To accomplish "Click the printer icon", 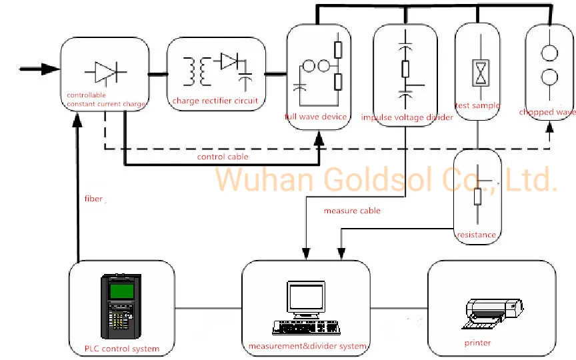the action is (x=492, y=313).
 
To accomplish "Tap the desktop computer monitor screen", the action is (x=305, y=297).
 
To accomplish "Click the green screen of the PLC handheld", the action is (x=121, y=291).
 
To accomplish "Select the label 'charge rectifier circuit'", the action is (x=215, y=101).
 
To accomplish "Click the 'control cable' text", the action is (x=223, y=157).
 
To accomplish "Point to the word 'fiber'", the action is (x=93, y=199).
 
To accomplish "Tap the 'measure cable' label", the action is (x=352, y=211).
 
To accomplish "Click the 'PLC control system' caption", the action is (x=122, y=349).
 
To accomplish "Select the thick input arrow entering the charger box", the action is (x=39, y=69).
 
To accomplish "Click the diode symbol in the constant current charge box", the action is (x=106, y=72).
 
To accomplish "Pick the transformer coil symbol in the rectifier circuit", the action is (x=197, y=71).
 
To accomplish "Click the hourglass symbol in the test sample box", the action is (x=481, y=73).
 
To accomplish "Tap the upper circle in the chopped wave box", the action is (x=549, y=53).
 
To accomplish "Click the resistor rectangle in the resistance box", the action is (x=477, y=197).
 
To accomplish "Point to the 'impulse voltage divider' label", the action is (x=407, y=117).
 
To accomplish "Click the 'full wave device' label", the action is (x=315, y=117).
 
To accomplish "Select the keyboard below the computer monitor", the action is (x=306, y=327).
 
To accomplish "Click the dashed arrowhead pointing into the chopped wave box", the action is (x=549, y=127).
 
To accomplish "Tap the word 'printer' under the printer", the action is (x=477, y=343).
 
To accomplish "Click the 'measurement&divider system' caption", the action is (x=307, y=346).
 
